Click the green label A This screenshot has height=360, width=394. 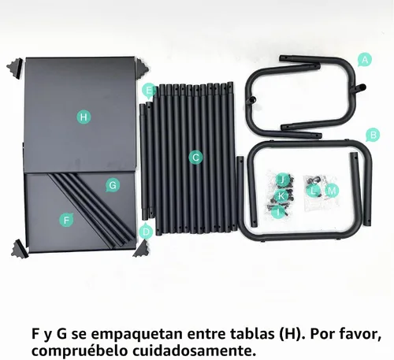[x=365, y=60]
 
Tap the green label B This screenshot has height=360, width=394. [x=373, y=135]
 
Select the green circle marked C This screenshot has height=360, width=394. [x=195, y=158]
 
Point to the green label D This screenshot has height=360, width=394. [x=146, y=232]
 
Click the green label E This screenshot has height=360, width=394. [x=149, y=91]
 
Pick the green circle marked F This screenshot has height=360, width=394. [x=66, y=220]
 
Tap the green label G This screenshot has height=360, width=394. [x=113, y=185]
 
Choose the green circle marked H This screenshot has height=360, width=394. [x=84, y=117]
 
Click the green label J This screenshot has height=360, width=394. [x=282, y=180]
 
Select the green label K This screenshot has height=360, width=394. [x=281, y=196]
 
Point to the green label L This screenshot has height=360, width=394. [x=313, y=191]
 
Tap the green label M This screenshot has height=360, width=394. [x=332, y=191]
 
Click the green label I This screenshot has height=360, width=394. [x=278, y=211]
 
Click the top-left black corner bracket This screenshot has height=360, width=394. [x=16, y=68]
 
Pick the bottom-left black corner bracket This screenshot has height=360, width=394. [x=20, y=249]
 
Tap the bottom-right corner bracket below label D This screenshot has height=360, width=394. [x=142, y=249]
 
